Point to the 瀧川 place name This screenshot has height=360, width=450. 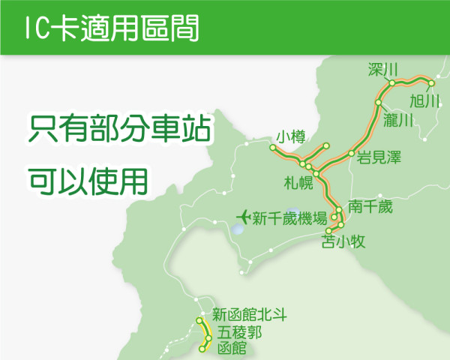(x=398, y=120)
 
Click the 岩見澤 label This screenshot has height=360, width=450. (x=379, y=157)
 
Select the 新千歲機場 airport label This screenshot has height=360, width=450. (x=289, y=218)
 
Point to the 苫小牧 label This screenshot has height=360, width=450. (x=342, y=241)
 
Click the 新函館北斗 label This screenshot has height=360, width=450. (x=250, y=314)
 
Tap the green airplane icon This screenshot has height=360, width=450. (x=242, y=217)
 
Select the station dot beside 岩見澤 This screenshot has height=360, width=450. (x=351, y=154)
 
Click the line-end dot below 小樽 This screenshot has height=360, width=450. (x=272, y=147)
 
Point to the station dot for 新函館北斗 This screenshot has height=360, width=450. (x=200, y=322)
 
